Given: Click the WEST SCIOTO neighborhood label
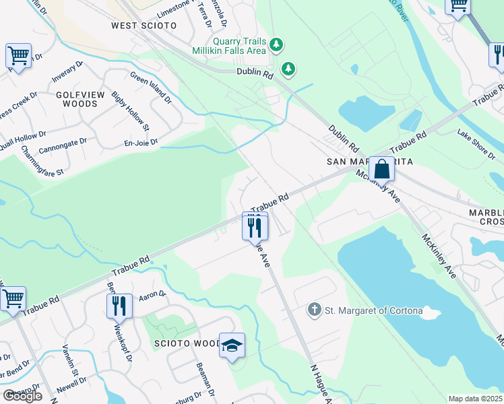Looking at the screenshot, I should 144,26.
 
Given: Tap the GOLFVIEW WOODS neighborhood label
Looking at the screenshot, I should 76,99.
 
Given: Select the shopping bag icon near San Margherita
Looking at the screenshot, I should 381,169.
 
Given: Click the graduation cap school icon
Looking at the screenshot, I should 231,346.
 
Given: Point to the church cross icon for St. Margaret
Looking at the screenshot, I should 313,310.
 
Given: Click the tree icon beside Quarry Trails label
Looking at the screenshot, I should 276,45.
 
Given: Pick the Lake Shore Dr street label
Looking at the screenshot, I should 476,143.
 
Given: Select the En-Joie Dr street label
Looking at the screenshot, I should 140,142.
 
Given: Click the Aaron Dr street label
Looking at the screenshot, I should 152,294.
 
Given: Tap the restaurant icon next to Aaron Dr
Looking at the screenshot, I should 119,306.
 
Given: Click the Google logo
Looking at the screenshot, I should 22,396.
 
